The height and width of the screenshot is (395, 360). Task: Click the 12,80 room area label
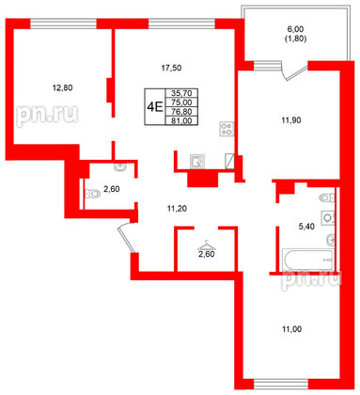pyautogui.click(x=61, y=88)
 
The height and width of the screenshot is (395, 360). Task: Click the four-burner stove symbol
pyautogui.click(x=225, y=131)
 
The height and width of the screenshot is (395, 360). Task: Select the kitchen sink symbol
pyautogui.click(x=197, y=161)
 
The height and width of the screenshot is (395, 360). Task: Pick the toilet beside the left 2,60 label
pyautogui.click(x=91, y=194)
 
